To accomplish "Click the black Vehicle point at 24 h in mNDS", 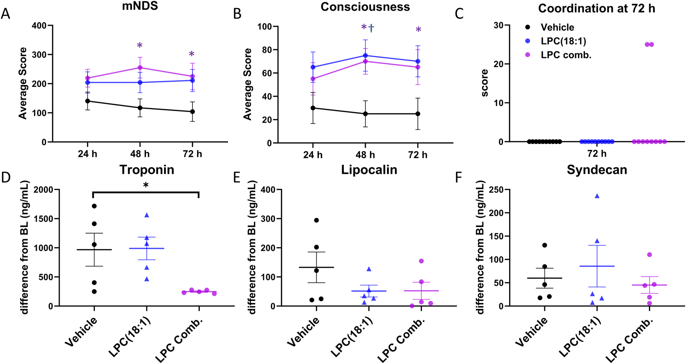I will pos(87,101).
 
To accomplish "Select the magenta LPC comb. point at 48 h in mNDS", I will pos(140,68).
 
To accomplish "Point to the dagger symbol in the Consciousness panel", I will pos(371,28).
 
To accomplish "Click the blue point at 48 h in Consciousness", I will pos(365,55).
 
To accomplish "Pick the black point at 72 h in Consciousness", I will pos(418,114).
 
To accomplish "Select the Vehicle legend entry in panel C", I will pos(557,27).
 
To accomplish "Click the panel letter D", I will pos(6,177).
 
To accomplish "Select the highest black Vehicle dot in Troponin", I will pos(94,206).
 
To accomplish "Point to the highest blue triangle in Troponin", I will pos(147,215).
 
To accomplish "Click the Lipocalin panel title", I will pos(369,170).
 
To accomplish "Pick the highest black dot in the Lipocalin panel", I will pos(316,220).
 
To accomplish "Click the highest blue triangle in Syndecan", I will pos(597,196).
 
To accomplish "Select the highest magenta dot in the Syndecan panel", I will pos(649,255).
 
